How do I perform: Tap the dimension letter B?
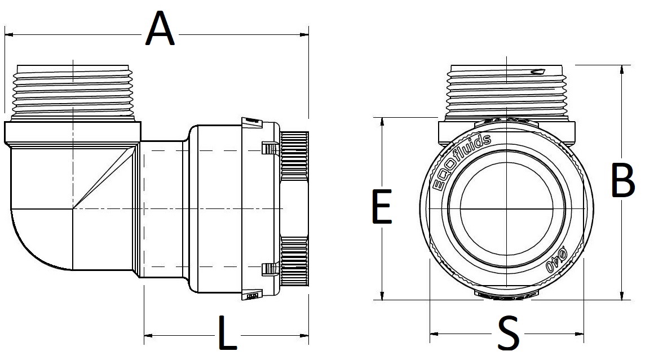click(x=624, y=181)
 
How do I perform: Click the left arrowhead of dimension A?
click(x=8, y=35)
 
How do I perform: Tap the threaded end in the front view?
click(x=507, y=90)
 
